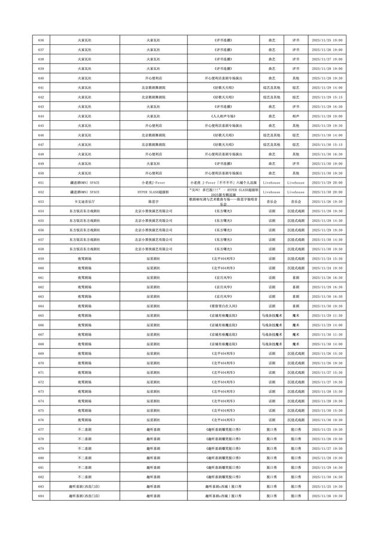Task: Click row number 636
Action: tap(41, 40)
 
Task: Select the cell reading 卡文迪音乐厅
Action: tap(84, 202)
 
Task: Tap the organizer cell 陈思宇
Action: tap(154, 202)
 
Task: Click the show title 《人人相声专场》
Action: tap(223, 116)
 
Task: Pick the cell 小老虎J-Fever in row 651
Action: tap(154, 182)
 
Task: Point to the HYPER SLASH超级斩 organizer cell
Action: tap(154, 192)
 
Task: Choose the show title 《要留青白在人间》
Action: tap(223, 306)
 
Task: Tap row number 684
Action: tap(41, 495)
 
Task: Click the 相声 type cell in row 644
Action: tap(296, 116)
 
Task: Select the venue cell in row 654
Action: tap(84, 211)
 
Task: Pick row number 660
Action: tap(41, 268)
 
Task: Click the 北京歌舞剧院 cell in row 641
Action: tap(154, 87)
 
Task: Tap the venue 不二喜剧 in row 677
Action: tap(84, 429)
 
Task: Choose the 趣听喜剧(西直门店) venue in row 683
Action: tap(84, 486)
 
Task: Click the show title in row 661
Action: tap(223, 278)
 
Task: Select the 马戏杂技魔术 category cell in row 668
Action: tap(272, 344)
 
